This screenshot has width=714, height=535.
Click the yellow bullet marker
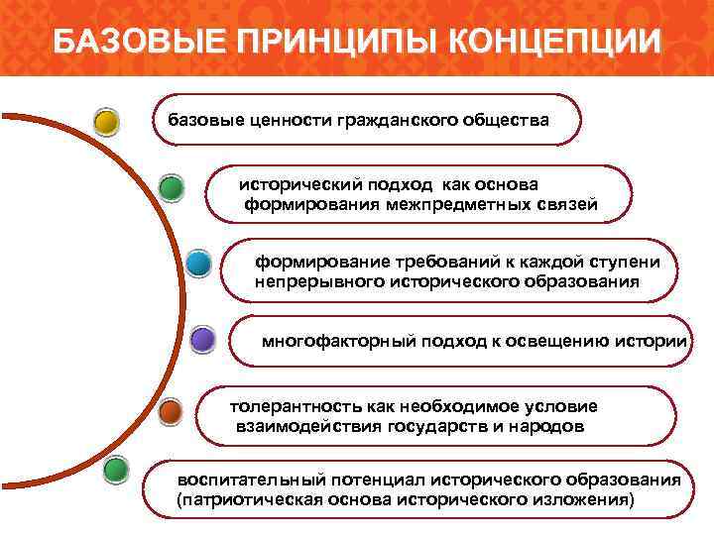tap(106, 122)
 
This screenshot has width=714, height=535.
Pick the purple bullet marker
tap(202, 341)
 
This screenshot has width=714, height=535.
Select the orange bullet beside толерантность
tap(171, 411)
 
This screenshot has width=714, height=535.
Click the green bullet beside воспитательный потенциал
tap(116, 469)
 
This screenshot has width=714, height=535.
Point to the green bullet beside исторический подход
tap(171, 186)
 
